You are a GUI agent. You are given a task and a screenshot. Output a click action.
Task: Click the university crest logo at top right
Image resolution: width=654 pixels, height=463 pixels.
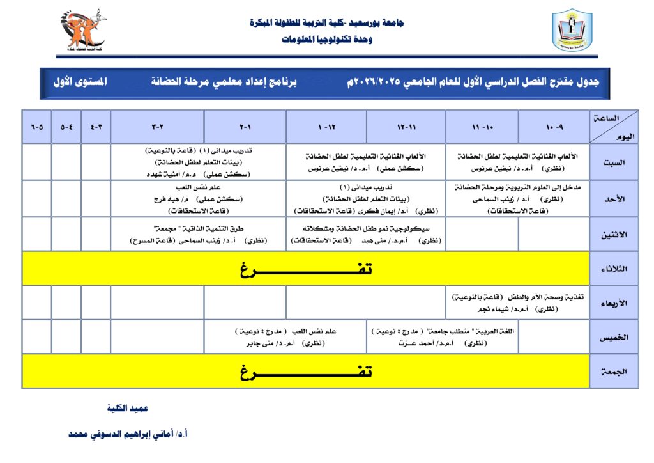pyautogui.click(x=572, y=30)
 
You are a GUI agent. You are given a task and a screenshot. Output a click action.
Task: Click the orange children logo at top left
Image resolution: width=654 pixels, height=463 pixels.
pyautogui.click(x=82, y=29)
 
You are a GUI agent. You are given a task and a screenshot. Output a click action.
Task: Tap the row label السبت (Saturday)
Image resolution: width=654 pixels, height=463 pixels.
pyautogui.click(x=613, y=162)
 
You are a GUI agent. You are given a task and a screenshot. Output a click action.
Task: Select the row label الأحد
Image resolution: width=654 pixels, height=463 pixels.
pyautogui.click(x=613, y=199)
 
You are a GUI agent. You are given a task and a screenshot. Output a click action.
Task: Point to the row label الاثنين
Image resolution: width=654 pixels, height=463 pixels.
pyautogui.click(x=613, y=235)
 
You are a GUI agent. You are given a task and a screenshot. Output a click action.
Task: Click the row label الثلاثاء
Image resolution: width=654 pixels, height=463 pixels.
pyautogui.click(x=613, y=269)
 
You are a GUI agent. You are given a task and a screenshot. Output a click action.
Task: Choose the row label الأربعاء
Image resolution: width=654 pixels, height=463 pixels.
pyautogui.click(x=613, y=303)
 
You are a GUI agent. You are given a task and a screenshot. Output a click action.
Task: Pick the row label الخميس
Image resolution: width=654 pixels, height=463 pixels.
pyautogui.click(x=613, y=337)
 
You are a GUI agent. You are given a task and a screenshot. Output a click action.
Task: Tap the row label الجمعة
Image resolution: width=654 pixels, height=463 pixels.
pyautogui.click(x=613, y=372)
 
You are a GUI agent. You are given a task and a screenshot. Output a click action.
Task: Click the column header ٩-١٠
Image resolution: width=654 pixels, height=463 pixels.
pyautogui.click(x=554, y=127)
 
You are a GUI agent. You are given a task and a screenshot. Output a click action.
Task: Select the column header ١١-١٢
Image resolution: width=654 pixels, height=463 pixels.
pyautogui.click(x=406, y=127)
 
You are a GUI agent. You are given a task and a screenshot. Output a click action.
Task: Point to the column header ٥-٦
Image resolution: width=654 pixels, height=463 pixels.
pyautogui.click(x=37, y=127)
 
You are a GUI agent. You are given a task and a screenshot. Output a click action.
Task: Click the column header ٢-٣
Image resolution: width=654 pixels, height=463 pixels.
pyautogui.click(x=157, y=127)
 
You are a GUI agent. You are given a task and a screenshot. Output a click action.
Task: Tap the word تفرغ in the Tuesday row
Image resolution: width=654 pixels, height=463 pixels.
pyautogui.click(x=306, y=269)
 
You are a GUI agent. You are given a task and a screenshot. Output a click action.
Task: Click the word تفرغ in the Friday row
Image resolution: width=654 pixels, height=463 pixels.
pyautogui.click(x=306, y=372)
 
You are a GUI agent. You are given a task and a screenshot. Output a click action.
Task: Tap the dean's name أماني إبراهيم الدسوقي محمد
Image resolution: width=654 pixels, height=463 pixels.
pyautogui.click(x=128, y=434)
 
